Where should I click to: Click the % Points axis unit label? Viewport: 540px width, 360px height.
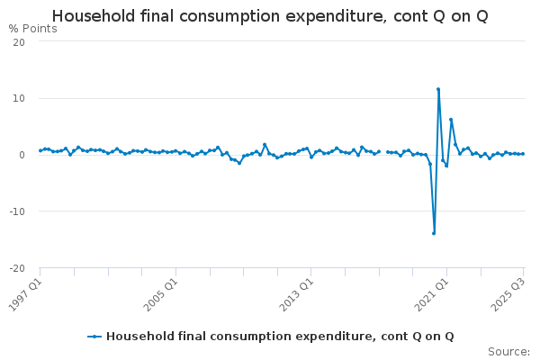coord(33,29)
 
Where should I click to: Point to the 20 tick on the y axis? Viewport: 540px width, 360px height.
coord(19,41)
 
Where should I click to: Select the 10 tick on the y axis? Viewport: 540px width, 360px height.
coord(19,98)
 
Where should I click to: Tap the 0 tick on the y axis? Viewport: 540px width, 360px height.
coord(22,155)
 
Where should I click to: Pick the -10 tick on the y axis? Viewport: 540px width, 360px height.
coord(17,211)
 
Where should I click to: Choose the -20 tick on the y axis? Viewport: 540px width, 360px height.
coord(17,268)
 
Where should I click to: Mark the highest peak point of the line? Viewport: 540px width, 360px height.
coord(438,89)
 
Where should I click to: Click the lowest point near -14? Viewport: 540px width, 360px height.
coord(434,233)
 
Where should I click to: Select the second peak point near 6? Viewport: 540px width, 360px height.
coord(451,120)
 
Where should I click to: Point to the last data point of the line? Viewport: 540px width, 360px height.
coord(523,154)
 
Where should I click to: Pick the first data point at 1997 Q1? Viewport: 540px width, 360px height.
coord(40,150)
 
